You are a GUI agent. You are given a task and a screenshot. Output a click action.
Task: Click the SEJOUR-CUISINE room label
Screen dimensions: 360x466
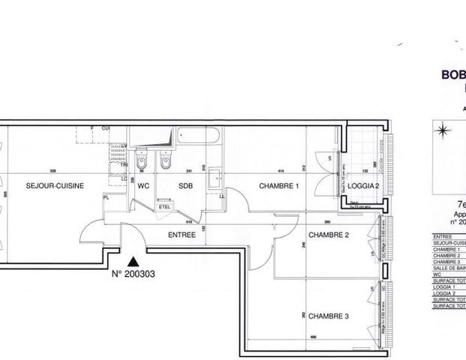[x=54, y=185]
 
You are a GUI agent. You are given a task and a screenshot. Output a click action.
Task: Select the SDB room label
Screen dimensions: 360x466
[x=186, y=185]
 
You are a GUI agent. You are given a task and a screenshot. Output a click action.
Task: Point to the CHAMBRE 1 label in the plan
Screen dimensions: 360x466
[x=279, y=185]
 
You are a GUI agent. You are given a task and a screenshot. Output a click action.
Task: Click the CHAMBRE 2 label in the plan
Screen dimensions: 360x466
[x=329, y=235]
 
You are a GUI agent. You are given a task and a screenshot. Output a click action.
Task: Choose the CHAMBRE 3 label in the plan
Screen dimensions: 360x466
[x=329, y=316]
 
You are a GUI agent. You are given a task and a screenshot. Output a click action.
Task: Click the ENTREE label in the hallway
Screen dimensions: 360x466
[x=182, y=235]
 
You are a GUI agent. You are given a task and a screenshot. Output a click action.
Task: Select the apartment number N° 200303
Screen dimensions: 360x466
[x=134, y=274]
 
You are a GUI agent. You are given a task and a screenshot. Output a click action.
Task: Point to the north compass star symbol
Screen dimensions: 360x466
[x=443, y=132]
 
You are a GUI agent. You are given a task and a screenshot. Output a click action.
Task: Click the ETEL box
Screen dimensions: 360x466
[x=164, y=205]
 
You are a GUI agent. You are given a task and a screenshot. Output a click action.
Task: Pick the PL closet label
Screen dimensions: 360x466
[x=107, y=197]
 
